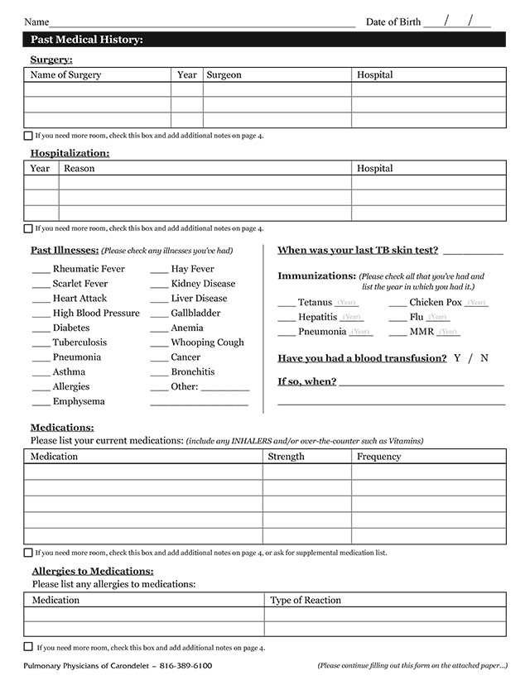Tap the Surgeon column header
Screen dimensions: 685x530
pyautogui.click(x=224, y=75)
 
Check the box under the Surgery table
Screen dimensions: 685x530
pyautogui.click(x=28, y=135)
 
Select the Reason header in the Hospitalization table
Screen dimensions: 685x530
pyautogui.click(x=79, y=169)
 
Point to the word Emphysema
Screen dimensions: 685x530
pyautogui.click(x=79, y=402)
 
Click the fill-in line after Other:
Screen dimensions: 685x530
pyautogui.click(x=224, y=388)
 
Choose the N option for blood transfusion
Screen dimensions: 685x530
pyautogui.click(x=484, y=358)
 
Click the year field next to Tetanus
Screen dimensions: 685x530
pyautogui.click(x=347, y=304)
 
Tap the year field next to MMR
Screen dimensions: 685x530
pyautogui.click(x=448, y=333)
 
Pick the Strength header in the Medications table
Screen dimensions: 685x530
pyautogui.click(x=286, y=457)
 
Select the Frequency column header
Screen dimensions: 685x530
pyautogui.click(x=378, y=457)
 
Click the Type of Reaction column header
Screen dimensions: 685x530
pyautogui.click(x=306, y=601)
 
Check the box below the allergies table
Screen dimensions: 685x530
pyautogui.click(x=28, y=647)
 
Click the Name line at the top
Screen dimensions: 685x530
pyautogui.click(x=203, y=22)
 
